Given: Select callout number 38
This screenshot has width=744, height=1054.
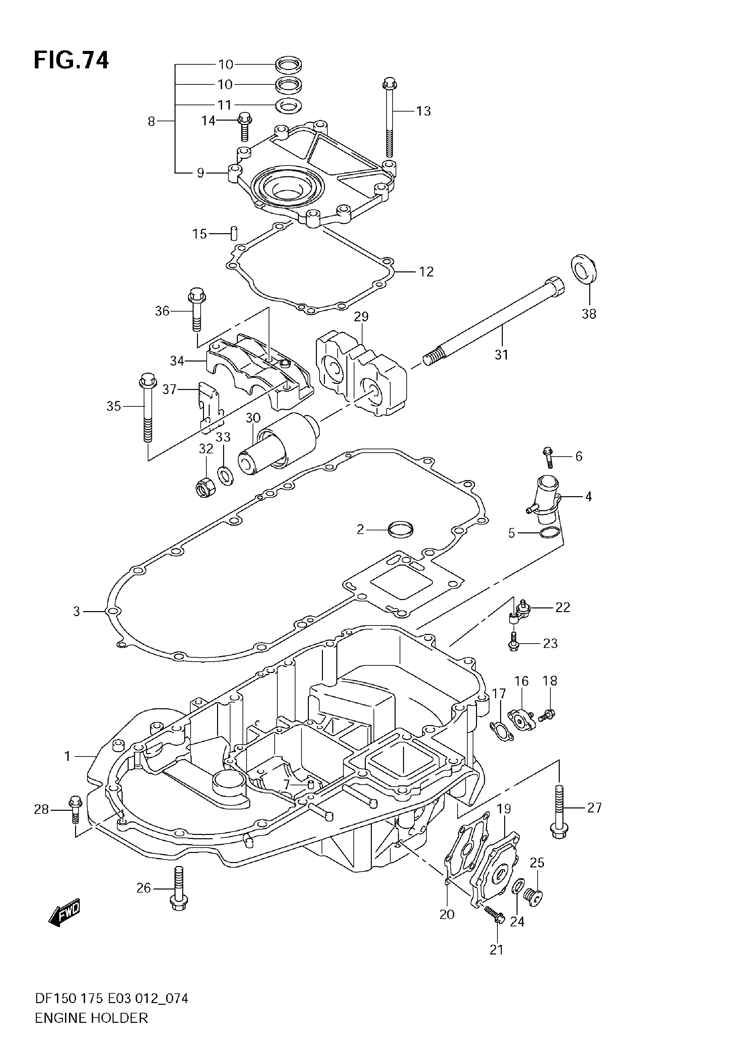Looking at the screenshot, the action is click(x=589, y=314).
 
